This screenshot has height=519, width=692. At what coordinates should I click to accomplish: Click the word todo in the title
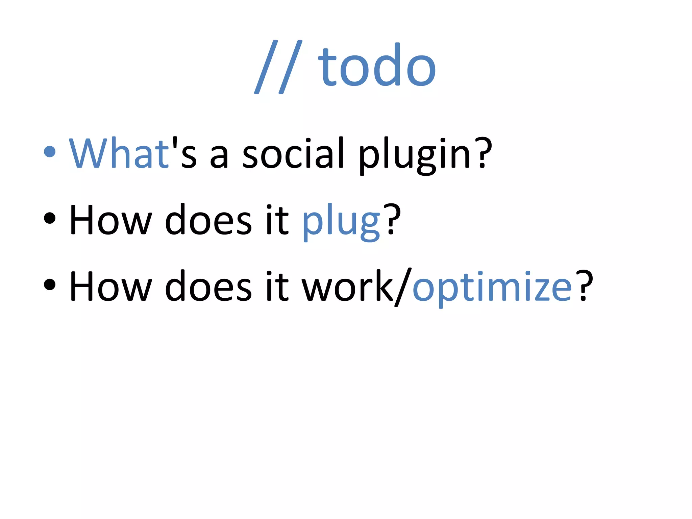377,66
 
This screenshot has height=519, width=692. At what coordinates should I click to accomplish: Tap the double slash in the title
278,67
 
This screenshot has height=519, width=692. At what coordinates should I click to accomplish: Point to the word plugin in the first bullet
414,155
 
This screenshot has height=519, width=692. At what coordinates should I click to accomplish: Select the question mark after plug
392,220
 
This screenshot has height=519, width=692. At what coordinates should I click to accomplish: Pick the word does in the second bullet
208,220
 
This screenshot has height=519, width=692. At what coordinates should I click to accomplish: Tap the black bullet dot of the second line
50,218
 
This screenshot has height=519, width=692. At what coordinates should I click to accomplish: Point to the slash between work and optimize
403,287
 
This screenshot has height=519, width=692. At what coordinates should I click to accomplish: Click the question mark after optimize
584,286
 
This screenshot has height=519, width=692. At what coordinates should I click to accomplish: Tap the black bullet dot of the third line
50,285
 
